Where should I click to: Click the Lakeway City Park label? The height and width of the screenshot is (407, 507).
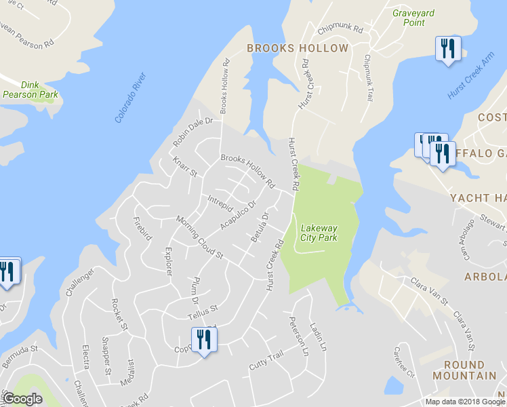click(319, 233)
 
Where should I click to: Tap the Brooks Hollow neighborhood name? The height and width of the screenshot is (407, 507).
click(298, 48)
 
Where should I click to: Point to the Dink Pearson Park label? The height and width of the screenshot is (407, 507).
click(30, 90)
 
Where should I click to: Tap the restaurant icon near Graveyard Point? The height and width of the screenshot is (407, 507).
click(447, 49)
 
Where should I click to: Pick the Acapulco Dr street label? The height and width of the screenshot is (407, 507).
click(239, 215)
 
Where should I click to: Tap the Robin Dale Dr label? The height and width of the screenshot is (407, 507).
click(192, 132)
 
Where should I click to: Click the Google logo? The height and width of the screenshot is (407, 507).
click(23, 399)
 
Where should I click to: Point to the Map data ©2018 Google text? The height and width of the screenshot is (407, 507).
click(465, 402)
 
